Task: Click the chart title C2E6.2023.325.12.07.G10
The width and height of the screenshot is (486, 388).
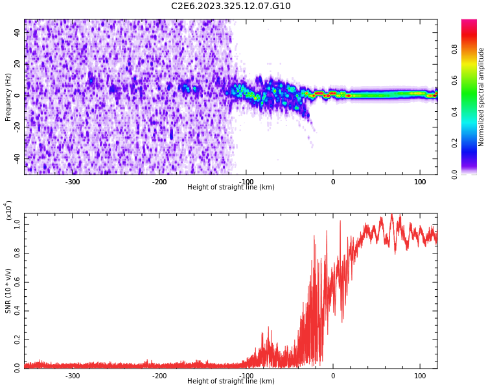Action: pyautogui.click(x=231, y=6)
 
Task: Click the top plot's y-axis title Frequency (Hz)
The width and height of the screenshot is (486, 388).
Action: pyautogui.click(x=8, y=97)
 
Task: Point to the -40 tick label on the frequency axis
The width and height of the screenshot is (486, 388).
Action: pyautogui.click(x=16, y=158)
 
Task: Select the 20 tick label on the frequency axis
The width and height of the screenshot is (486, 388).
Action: pyautogui.click(x=17, y=63)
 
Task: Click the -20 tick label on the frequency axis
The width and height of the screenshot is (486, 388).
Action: pyautogui.click(x=16, y=126)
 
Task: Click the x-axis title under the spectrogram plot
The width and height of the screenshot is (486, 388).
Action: pyautogui.click(x=231, y=188)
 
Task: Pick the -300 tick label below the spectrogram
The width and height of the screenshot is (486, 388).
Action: pyautogui.click(x=73, y=182)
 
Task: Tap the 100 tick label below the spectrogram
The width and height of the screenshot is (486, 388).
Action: pyautogui.click(x=419, y=182)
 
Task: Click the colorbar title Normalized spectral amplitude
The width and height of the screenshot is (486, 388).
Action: pyautogui.click(x=481, y=97)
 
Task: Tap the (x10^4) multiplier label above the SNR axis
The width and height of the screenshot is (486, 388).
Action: pyautogui.click(x=8, y=210)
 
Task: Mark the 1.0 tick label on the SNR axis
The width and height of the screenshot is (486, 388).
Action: pyautogui.click(x=17, y=224)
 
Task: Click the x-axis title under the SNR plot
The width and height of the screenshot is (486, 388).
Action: pyautogui.click(x=231, y=382)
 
